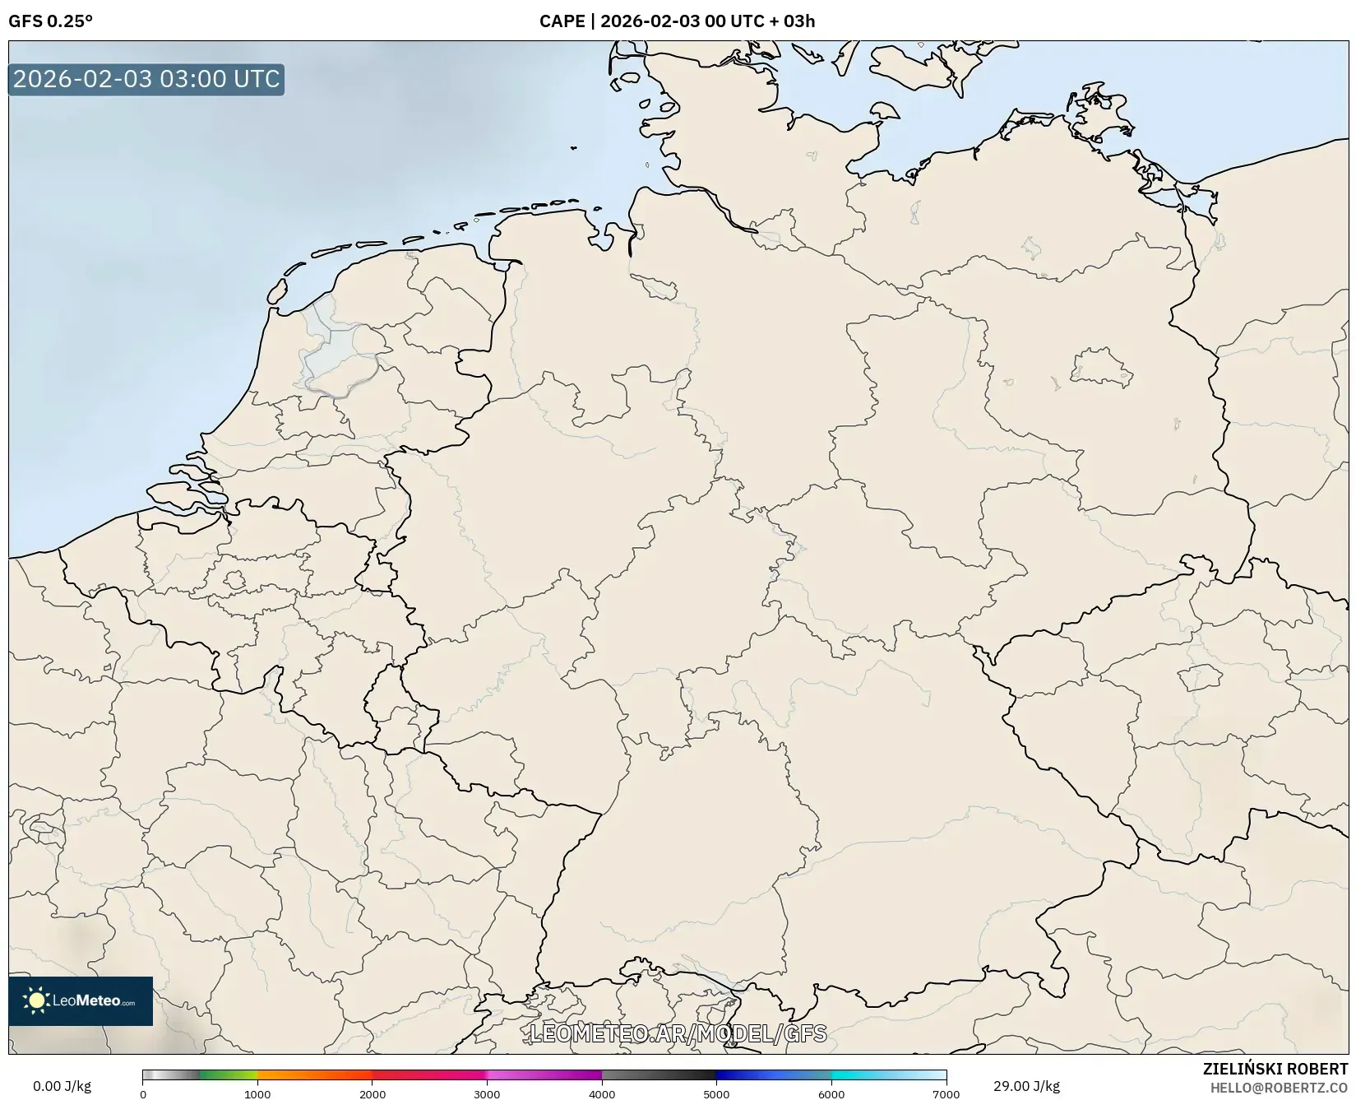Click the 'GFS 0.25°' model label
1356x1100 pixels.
[x=50, y=21]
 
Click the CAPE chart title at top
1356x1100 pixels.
[x=677, y=21]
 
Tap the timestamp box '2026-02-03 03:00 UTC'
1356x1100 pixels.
[x=146, y=80]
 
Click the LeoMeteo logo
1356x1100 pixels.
[x=81, y=1000]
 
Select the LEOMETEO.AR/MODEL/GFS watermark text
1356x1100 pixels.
[x=678, y=1033]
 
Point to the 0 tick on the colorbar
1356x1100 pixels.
[x=143, y=1093]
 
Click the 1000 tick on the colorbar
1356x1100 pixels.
[x=257, y=1093]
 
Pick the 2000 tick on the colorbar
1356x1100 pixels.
[x=373, y=1093]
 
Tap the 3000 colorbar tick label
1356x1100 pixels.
[x=487, y=1093]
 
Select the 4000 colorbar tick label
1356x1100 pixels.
[x=602, y=1093]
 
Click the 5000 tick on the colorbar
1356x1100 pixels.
[x=716, y=1093]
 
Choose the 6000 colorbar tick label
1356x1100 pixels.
[x=831, y=1093]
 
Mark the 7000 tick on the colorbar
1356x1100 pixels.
[x=946, y=1093]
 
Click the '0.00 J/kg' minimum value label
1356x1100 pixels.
[x=62, y=1086]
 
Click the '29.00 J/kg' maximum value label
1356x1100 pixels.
[x=1026, y=1086]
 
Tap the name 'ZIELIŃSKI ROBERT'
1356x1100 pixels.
[x=1275, y=1069]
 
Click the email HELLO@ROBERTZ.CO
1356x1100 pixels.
[x=1279, y=1088]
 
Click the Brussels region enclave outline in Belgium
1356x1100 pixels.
[x=234, y=581]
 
